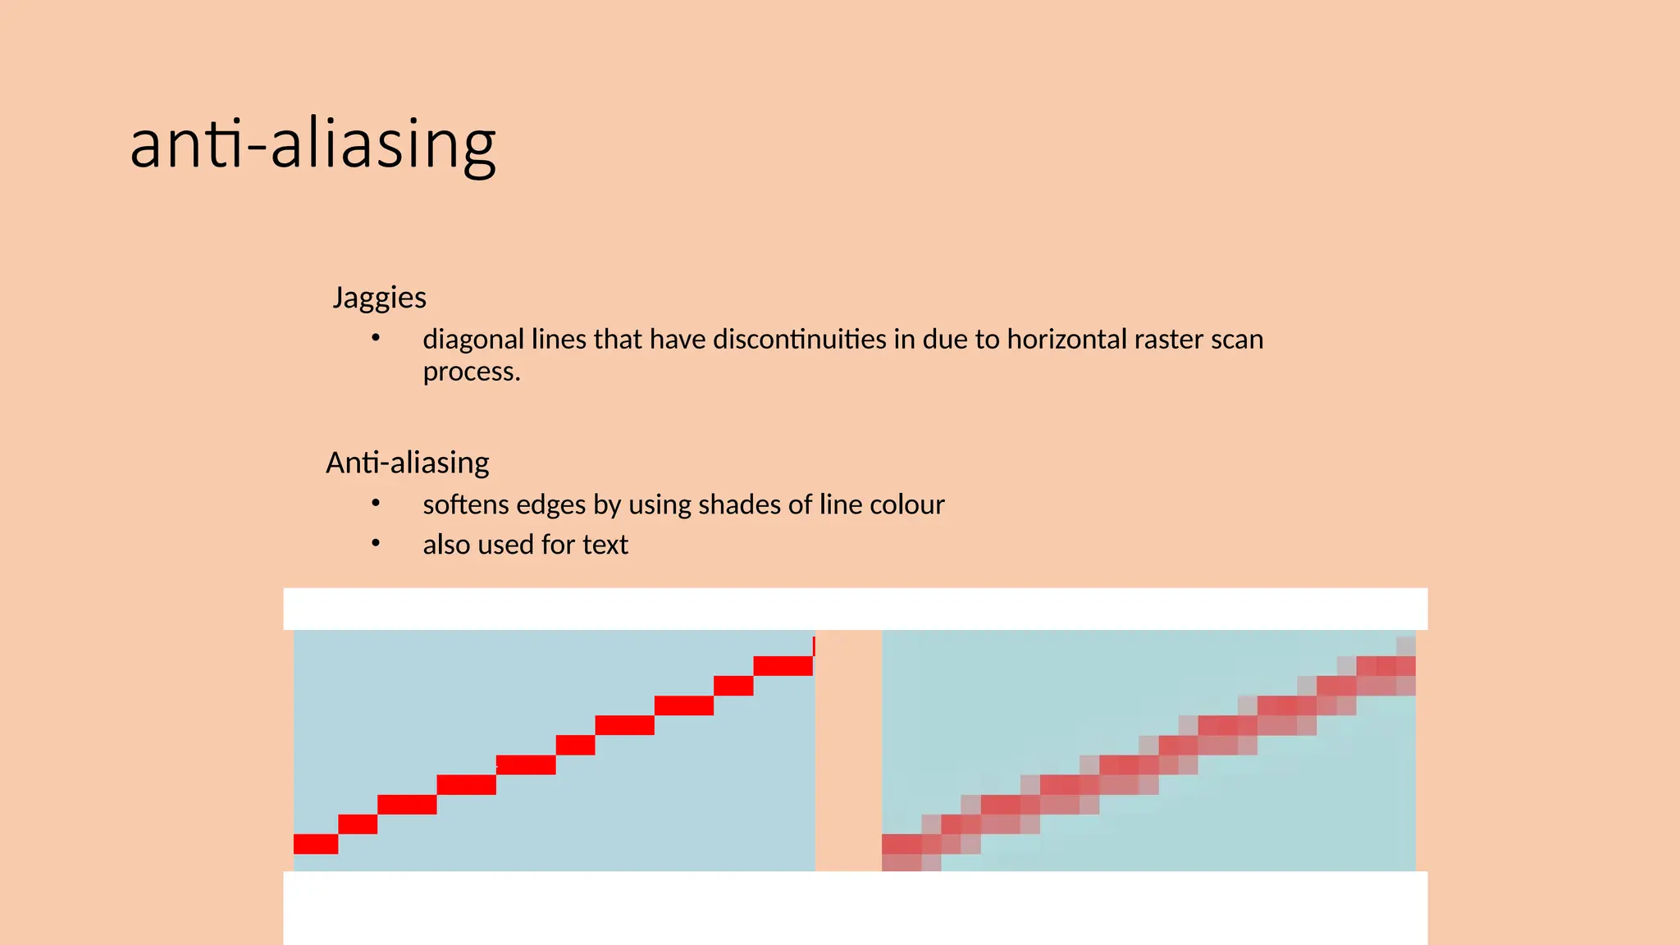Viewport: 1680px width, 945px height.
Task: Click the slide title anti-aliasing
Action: pyautogui.click(x=313, y=144)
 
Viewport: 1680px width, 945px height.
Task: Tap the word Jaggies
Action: pyautogui.click(x=379, y=297)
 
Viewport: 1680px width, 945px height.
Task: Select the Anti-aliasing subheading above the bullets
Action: pyautogui.click(x=407, y=463)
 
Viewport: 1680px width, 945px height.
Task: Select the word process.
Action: pyautogui.click(x=471, y=372)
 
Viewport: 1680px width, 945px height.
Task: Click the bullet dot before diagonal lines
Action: pyautogui.click(x=376, y=337)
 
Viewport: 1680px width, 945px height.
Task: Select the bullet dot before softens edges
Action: pyautogui.click(x=376, y=503)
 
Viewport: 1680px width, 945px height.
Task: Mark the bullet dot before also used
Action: pyautogui.click(x=376, y=543)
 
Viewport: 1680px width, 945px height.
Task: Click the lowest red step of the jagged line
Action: pyautogui.click(x=316, y=844)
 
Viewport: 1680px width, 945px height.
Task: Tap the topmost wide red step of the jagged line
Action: pyautogui.click(x=783, y=666)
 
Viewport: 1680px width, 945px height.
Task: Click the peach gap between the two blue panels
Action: pyautogui.click(x=848, y=751)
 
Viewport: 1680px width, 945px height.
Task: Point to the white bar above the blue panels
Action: pyautogui.click(x=855, y=609)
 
